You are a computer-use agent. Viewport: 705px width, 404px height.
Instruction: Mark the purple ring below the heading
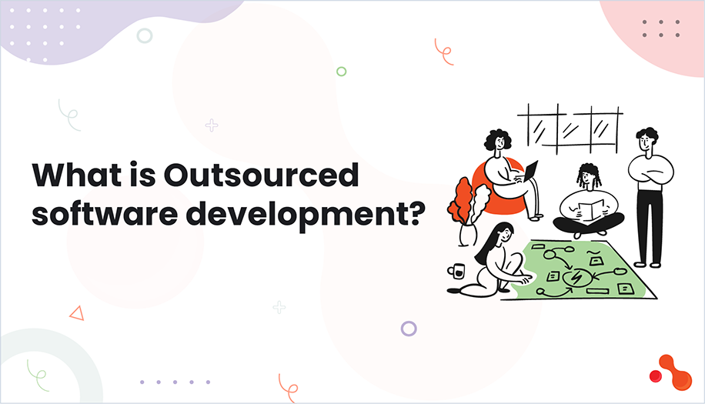(x=409, y=329)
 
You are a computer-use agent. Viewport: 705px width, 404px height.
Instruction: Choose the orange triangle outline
(x=76, y=312)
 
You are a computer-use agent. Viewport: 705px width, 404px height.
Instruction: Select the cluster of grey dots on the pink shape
(x=661, y=28)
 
